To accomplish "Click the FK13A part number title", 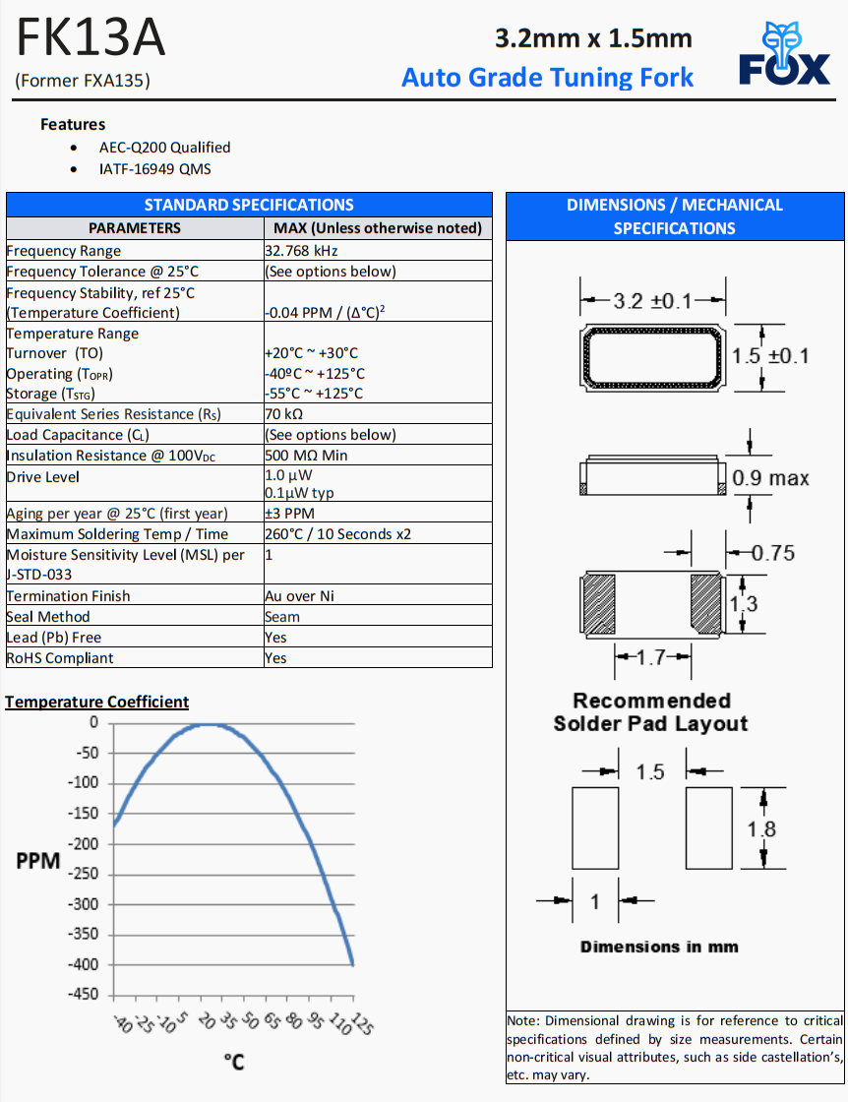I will [x=91, y=38].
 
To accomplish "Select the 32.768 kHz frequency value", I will [x=301, y=251].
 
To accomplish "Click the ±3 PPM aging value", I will [x=289, y=514].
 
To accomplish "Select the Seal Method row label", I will [x=48, y=617].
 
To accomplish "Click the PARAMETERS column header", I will [x=135, y=228].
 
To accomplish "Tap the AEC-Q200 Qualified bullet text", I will [x=164, y=148].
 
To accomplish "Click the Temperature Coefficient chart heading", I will [x=96, y=702].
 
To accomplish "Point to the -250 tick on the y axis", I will [x=83, y=874].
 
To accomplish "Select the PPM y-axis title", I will [x=38, y=861].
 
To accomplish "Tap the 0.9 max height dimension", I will [x=771, y=478].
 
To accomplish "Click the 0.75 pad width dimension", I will [x=773, y=552].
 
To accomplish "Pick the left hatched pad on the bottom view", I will [x=599, y=601].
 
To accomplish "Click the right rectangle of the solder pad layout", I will [x=709, y=827].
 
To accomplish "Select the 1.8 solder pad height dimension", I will [x=761, y=828].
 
